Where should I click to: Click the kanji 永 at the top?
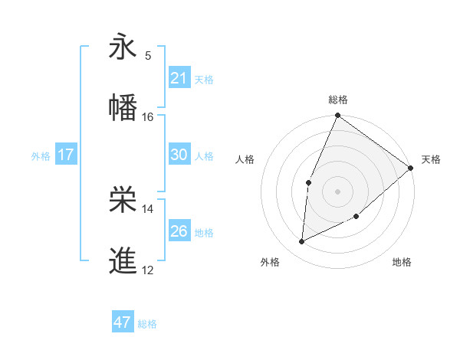(x=123, y=47)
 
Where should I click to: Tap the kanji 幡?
(x=123, y=107)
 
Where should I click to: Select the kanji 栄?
(x=123, y=200)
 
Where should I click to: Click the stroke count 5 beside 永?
(x=148, y=55)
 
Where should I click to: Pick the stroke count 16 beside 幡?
(x=148, y=116)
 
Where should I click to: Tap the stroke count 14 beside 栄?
(x=148, y=208)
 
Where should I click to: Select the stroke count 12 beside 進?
(x=148, y=270)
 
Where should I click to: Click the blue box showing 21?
(x=179, y=78)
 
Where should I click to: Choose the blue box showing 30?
(x=179, y=155)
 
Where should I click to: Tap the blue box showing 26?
(x=179, y=231)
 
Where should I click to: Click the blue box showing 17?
(x=66, y=155)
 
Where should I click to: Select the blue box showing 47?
(x=123, y=322)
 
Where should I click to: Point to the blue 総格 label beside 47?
(x=147, y=324)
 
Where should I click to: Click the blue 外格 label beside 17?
(x=41, y=156)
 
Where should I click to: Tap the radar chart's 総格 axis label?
(x=337, y=100)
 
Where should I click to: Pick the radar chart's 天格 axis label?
(x=431, y=159)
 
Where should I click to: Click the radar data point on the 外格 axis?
(x=302, y=242)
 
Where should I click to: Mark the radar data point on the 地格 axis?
(x=356, y=217)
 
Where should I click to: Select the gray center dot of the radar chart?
(x=337, y=191)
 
